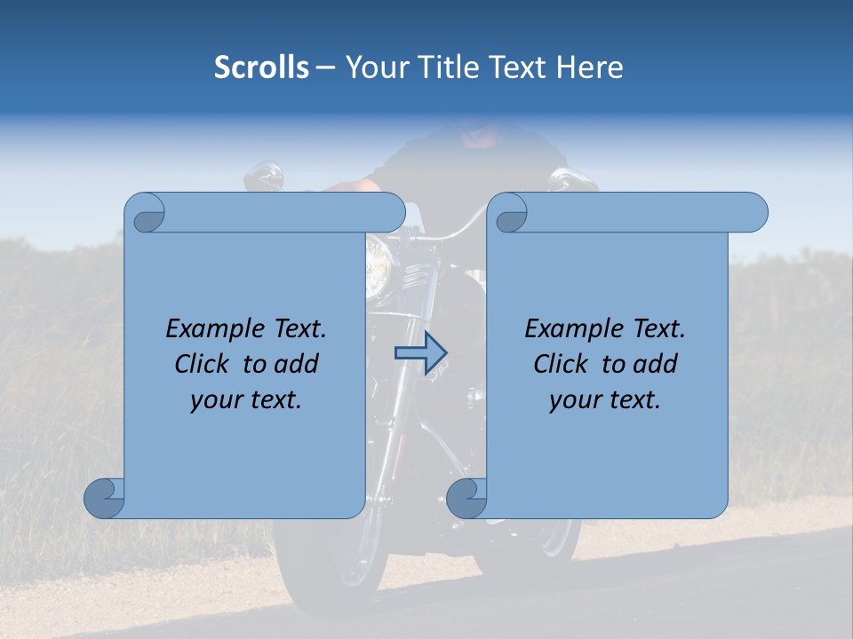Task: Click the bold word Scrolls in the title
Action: pyautogui.click(x=261, y=67)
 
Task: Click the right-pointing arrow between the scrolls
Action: pyautogui.click(x=420, y=353)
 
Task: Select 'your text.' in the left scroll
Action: pyautogui.click(x=246, y=400)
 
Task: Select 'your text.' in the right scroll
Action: pyautogui.click(x=605, y=400)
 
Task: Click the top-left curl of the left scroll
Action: pyautogui.click(x=145, y=213)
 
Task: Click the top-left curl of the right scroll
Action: pyautogui.click(x=509, y=213)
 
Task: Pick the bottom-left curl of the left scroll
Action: pyautogui.click(x=103, y=499)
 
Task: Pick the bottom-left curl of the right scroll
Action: pyautogui.click(x=466, y=499)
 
